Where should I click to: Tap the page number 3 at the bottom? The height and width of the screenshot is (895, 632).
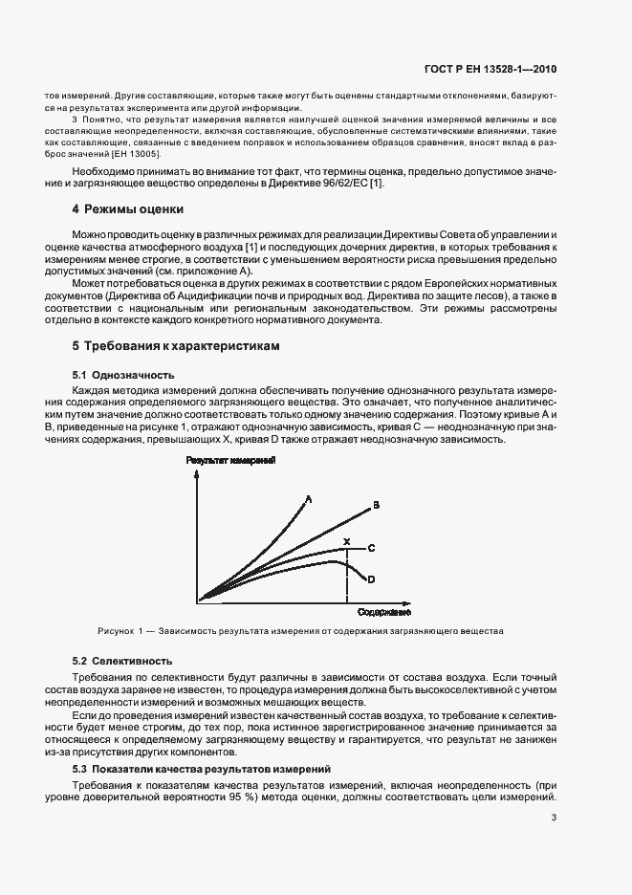click(554, 817)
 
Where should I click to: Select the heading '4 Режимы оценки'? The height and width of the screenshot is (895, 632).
click(128, 208)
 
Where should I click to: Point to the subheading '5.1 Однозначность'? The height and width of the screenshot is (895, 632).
click(123, 376)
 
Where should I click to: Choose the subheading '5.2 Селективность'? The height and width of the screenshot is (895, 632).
click(122, 661)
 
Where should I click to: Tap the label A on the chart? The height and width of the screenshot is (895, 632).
click(309, 497)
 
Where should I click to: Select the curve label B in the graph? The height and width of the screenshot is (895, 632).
click(377, 504)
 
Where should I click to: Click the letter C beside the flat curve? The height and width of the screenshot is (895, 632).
click(371, 547)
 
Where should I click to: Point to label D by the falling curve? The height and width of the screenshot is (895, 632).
click(371, 579)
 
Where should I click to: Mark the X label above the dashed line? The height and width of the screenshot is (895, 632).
click(346, 542)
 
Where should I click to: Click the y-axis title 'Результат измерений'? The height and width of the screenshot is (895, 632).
click(231, 461)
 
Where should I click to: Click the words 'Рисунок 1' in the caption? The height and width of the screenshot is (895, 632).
click(120, 632)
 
